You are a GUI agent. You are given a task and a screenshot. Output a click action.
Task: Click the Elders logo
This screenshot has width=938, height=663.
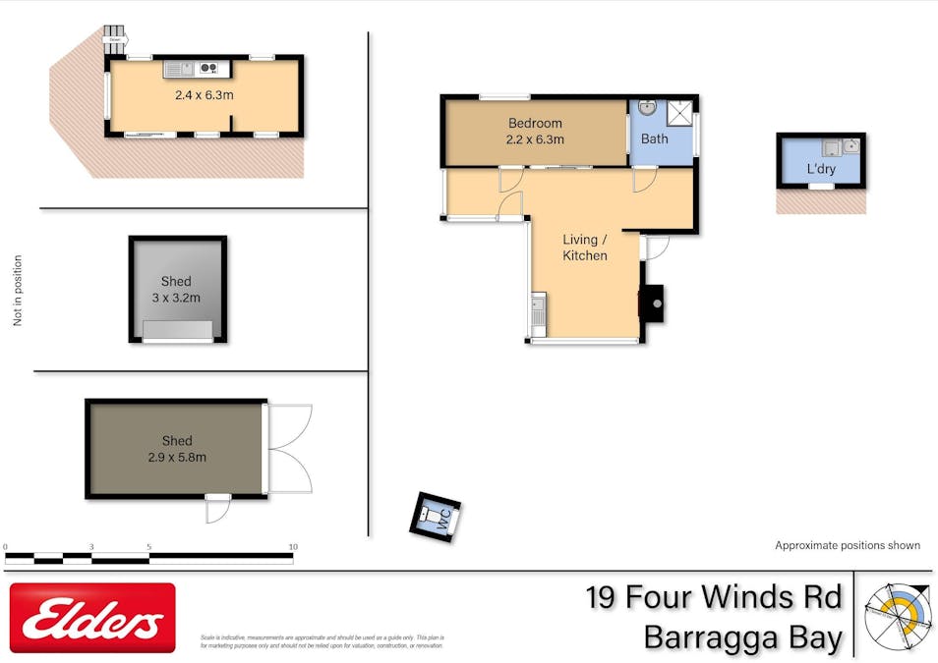(x=92, y=618)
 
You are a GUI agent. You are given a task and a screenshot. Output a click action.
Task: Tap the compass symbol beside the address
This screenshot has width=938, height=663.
(x=896, y=614)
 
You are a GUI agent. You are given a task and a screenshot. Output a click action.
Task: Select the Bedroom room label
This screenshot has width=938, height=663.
(x=535, y=123)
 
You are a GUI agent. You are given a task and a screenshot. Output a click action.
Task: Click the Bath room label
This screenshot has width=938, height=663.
(x=654, y=138)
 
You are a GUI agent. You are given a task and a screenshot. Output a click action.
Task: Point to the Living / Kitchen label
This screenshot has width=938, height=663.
(x=584, y=248)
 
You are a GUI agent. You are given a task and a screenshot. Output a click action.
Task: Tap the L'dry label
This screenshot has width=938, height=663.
(x=820, y=169)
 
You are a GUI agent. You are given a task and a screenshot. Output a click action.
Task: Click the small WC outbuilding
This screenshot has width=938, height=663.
(x=436, y=517)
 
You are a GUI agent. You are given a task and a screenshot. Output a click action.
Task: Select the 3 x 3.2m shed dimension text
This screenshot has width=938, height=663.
(x=177, y=297)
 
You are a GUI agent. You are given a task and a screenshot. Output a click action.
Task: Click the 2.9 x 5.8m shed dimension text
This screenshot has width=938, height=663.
(x=177, y=457)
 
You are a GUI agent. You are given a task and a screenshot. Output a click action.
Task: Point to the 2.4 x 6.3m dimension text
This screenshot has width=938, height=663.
(x=204, y=95)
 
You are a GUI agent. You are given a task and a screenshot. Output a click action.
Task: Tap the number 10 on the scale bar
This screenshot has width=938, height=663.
(x=292, y=546)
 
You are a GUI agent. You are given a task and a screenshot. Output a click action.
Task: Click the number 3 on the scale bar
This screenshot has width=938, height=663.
(x=91, y=546)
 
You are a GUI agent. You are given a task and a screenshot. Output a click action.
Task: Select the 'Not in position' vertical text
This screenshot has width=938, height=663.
(x=18, y=291)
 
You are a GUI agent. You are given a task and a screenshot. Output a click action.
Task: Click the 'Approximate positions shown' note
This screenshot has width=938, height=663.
(x=847, y=545)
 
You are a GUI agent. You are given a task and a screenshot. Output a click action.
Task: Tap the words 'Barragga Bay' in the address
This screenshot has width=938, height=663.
(x=742, y=637)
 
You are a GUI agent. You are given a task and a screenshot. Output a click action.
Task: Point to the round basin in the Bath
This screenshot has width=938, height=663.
(x=647, y=107)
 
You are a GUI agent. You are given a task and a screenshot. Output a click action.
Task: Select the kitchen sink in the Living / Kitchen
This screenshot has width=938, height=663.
(x=538, y=314)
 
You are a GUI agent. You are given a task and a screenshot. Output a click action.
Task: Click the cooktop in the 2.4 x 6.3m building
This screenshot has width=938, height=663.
(x=208, y=68)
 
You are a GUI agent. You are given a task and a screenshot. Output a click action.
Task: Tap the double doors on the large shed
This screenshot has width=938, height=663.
(x=290, y=449)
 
